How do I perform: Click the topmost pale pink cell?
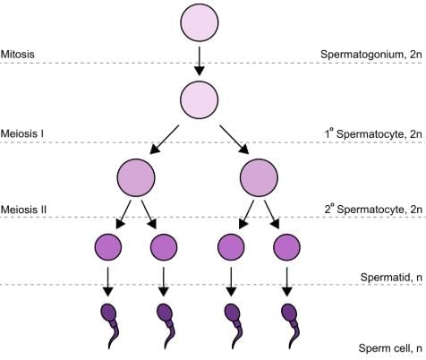point(200,24)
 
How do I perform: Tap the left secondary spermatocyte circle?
point(136,178)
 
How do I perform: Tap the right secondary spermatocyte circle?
point(260,178)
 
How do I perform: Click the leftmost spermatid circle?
point(108,246)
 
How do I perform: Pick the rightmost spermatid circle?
point(287,246)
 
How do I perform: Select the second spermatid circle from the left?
point(163,246)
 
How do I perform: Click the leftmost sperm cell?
point(109,321)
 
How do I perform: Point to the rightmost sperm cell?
point(287,321)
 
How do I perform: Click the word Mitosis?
point(18,54)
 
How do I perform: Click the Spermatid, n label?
point(392,278)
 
